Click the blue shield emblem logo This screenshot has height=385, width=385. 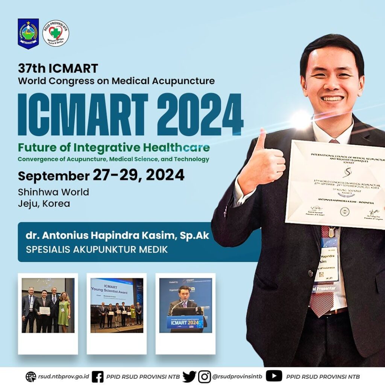28,33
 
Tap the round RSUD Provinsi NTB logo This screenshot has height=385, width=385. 56,33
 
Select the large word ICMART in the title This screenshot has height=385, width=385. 83,114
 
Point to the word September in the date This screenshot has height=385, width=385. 53,176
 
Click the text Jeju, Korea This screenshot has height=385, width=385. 44,204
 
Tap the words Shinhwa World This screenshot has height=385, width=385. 53,192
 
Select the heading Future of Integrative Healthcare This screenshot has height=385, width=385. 114,147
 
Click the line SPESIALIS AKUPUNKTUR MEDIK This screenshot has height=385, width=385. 97,249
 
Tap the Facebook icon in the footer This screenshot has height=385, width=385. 98,376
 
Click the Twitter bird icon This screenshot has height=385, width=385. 189,376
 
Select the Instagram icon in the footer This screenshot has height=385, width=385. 205,376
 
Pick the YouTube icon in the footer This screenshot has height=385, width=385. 274,376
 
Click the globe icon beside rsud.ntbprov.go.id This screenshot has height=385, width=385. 31,376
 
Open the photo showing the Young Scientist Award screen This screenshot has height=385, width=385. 117,305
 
